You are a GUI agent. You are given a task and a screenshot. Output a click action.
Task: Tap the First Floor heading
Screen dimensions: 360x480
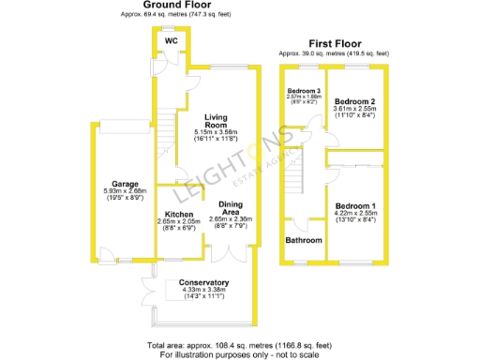click(335, 43)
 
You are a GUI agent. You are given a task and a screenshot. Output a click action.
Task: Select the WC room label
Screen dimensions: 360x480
click(171, 41)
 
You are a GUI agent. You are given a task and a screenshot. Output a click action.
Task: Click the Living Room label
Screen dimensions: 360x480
click(217, 121)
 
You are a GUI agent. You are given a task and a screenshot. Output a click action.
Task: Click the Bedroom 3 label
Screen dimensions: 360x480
click(303, 90)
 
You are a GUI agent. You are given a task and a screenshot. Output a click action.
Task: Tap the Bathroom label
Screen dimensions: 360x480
click(304, 240)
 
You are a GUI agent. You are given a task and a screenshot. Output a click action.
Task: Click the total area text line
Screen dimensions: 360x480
click(239, 346)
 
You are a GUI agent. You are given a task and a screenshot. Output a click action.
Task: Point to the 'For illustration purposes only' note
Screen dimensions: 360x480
click(239, 354)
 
